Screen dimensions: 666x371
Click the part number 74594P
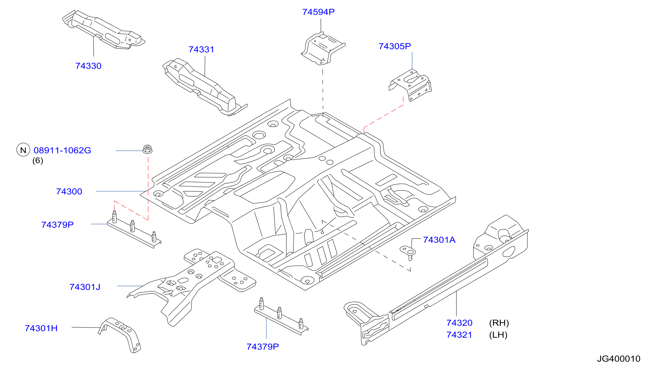click(318, 12)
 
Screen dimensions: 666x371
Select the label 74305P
click(394, 46)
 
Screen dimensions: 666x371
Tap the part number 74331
click(201, 49)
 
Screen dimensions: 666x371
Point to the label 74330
click(88, 66)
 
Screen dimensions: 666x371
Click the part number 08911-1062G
click(62, 150)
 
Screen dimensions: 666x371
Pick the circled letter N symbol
click(23, 150)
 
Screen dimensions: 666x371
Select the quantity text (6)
click(38, 160)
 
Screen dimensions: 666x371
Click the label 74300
click(69, 191)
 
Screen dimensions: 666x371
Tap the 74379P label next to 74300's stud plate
click(57, 225)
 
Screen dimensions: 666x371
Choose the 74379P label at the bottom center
click(263, 347)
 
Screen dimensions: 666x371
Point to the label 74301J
click(85, 287)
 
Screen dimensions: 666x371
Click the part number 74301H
click(41, 328)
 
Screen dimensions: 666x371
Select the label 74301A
click(439, 240)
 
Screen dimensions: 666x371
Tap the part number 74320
click(459, 323)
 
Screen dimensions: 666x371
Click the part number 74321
click(459, 335)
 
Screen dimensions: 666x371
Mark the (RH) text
click(499, 323)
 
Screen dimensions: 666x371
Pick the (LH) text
click(498, 335)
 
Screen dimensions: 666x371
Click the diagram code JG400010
click(619, 359)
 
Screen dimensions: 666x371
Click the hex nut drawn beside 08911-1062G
click(147, 149)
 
